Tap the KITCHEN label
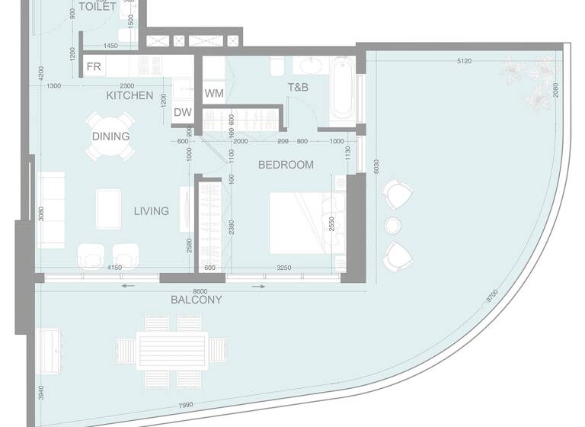(x=129, y=96)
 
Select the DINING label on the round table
(x=110, y=136)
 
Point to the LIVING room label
(x=152, y=211)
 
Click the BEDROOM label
(x=286, y=165)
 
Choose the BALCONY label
(x=197, y=300)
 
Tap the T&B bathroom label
(x=297, y=88)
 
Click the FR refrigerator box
(x=94, y=67)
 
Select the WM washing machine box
(x=213, y=93)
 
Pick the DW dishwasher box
(x=182, y=113)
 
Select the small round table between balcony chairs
(x=393, y=225)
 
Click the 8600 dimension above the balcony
(x=200, y=291)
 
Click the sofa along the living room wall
(x=51, y=209)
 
